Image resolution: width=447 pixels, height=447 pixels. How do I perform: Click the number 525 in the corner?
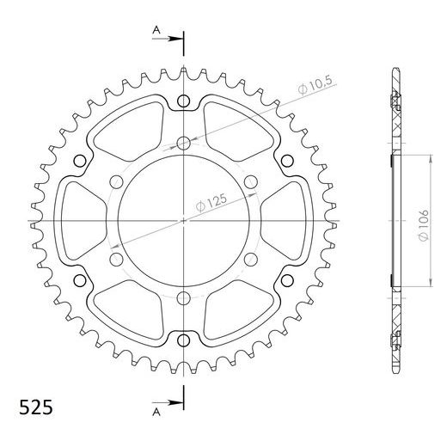pos(31,405)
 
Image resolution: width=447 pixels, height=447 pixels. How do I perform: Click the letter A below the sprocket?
pos(156,412)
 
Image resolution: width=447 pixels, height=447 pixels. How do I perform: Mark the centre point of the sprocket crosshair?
pos(184,221)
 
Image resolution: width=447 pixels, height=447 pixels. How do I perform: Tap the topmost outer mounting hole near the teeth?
pos(184,101)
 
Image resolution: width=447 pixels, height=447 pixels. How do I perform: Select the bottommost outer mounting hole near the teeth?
pos(184,340)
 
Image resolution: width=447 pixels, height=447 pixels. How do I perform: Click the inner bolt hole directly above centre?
pos(184,142)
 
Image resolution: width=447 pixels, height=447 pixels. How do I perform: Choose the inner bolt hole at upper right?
pos(251,181)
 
